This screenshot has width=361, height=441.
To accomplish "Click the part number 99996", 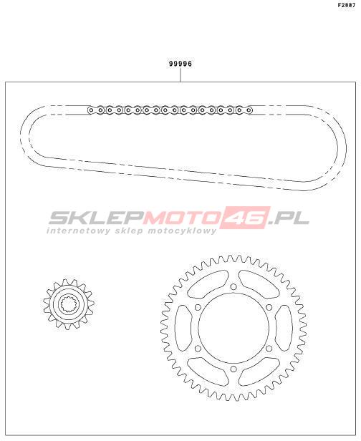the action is point(180,64).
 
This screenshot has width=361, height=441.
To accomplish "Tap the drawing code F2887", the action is point(347,5).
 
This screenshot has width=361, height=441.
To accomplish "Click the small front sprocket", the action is point(69,304).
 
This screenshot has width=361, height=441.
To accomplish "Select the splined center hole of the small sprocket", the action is point(69,304).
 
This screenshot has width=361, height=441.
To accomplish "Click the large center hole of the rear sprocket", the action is point(234,328).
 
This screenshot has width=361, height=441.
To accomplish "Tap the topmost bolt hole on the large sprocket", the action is point(234,286).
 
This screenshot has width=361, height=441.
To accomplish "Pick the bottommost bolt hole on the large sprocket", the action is point(234,369).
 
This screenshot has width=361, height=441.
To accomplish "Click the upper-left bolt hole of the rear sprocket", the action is point(198,307).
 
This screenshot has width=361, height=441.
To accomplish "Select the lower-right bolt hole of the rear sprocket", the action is point(269,349).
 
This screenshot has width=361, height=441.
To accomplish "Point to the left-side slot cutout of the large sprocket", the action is point(183,328).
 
